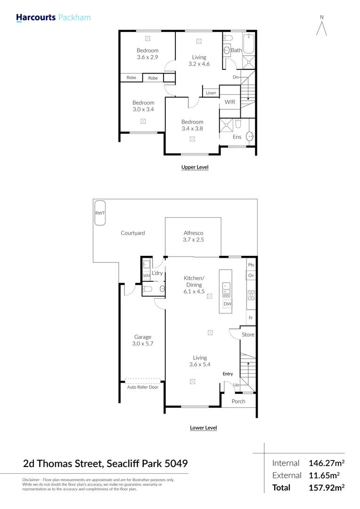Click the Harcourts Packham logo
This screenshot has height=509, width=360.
[53, 18]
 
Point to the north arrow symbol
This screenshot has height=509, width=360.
[322, 27]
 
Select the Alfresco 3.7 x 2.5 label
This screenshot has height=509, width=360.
[193, 236]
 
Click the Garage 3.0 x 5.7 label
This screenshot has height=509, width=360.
[142, 340]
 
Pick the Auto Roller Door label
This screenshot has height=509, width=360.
[142, 387]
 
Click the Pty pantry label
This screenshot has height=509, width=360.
[251, 265]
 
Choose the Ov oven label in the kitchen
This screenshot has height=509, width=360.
[251, 276]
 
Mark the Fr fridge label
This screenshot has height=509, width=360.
[251, 318]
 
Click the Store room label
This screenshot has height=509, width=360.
[248, 335]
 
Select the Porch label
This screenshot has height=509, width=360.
[238, 402]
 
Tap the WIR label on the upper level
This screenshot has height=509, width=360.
[229, 102]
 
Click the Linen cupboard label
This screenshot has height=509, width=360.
[211, 93]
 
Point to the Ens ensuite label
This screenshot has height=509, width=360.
[237, 137]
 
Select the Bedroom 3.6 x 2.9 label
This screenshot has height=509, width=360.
[147, 54]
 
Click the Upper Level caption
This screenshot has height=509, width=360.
[195, 167]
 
